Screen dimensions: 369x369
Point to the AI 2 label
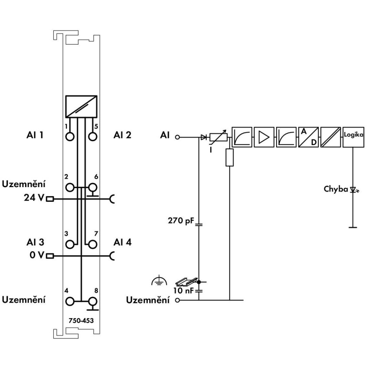point(122,135)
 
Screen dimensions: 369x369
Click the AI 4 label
point(122,242)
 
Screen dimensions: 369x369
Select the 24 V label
point(34,198)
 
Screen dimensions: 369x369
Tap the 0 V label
point(37,255)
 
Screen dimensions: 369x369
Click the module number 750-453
point(81,320)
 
